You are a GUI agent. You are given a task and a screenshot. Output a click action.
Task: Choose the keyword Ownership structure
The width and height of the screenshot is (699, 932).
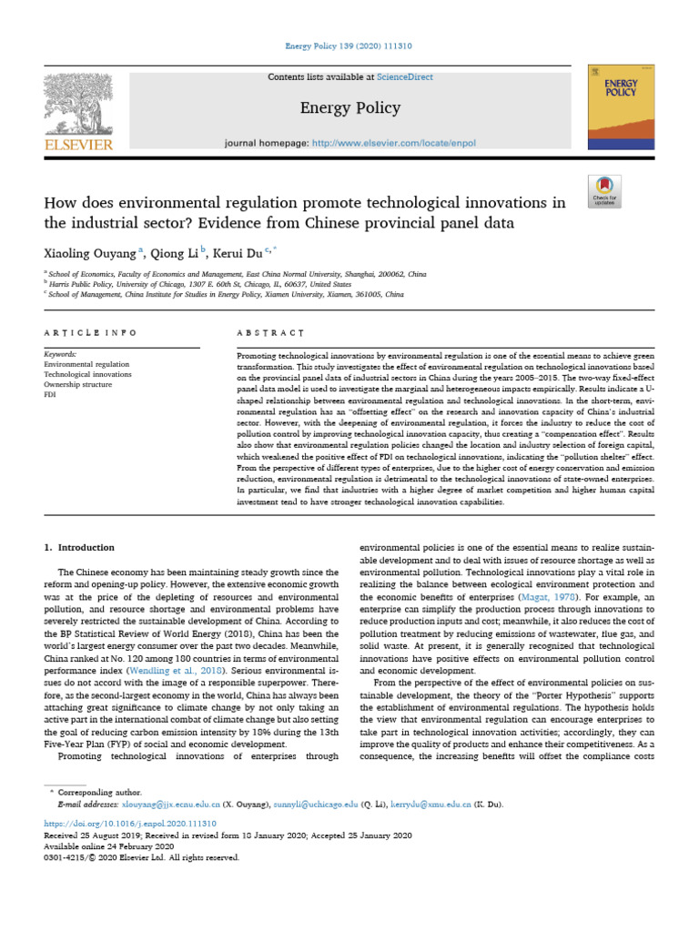pos(78,385)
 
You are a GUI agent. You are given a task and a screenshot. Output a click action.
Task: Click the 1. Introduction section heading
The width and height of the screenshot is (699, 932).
pos(80,548)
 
